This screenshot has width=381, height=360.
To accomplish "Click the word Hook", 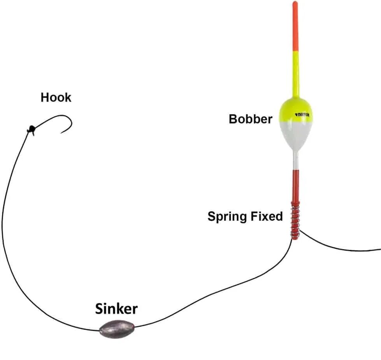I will tap(56, 97).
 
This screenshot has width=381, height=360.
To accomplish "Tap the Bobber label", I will tap(250, 119).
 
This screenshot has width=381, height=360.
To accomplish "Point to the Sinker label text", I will tap(116, 309).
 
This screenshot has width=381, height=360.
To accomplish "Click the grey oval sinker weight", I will tap(116, 329).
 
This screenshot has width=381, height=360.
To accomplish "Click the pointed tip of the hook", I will tap(61, 133).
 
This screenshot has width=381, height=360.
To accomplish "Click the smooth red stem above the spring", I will tap(295, 185).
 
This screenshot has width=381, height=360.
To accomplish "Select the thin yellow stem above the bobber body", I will tap(295, 74).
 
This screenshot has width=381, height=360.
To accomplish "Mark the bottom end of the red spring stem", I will tap(295, 237).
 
